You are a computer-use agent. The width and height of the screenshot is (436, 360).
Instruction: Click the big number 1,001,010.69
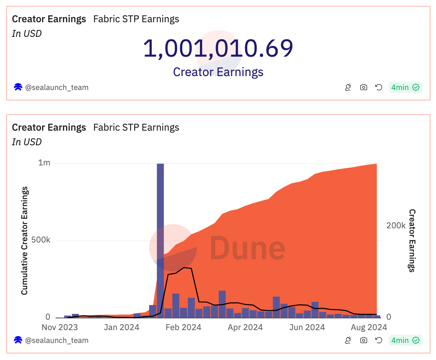218,48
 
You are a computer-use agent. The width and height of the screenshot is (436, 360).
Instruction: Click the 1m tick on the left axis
44,163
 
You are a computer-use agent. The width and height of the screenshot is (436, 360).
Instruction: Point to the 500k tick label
41,240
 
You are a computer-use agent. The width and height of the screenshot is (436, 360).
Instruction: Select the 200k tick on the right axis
396,226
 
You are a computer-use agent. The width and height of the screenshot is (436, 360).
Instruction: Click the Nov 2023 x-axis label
60,327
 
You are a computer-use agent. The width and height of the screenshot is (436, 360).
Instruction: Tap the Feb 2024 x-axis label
183,327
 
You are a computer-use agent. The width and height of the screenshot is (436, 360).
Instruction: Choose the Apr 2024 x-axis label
245,327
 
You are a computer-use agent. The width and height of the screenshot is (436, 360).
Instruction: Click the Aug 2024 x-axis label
369,327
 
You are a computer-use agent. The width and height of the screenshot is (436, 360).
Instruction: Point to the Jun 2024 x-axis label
307,327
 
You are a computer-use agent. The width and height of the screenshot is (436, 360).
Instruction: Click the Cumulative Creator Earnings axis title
24,240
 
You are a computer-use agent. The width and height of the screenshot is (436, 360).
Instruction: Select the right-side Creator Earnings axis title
412,240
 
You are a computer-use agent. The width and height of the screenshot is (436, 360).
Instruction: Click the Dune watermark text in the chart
247,248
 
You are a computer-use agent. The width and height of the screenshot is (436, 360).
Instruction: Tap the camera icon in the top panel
363,87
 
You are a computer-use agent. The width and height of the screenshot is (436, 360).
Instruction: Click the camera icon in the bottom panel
363,340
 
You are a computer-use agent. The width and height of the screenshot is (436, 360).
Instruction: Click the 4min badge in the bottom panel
405,340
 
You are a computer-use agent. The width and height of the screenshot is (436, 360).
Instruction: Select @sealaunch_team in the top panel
57,88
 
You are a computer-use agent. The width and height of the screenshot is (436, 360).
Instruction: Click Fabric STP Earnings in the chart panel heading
136,128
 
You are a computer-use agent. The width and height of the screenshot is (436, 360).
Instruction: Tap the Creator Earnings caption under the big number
218,72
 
